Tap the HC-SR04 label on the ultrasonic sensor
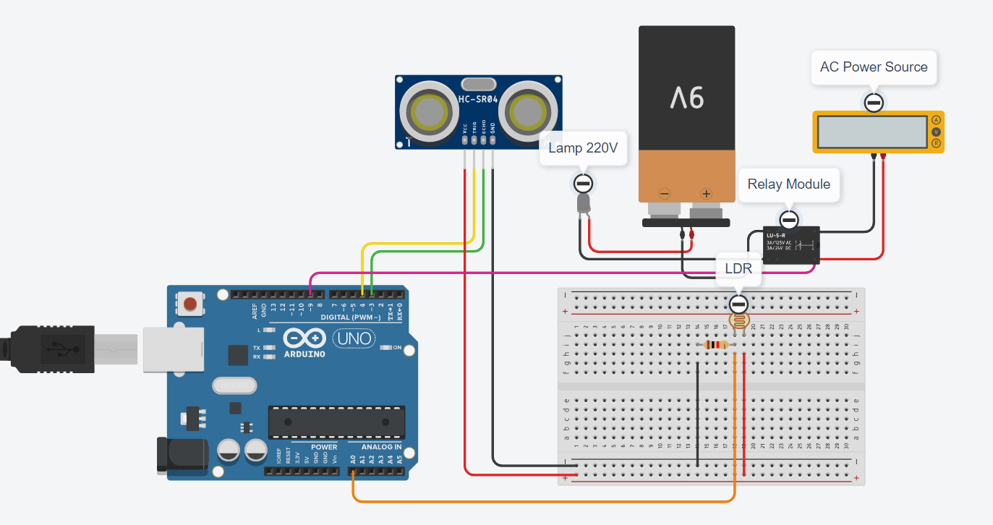coord(478,99)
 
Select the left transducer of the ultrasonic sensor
coord(430,111)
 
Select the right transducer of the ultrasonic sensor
coord(527,111)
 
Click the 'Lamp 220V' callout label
coord(583,148)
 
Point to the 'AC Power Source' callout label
coord(874,67)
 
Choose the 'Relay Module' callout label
coord(788,184)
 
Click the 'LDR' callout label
coord(738,268)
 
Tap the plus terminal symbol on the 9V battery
coord(707,194)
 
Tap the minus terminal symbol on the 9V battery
coord(664,194)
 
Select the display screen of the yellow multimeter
coord(872,131)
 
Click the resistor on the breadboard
coord(716,345)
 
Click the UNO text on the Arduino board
coord(354,338)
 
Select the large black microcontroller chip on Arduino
coord(336,422)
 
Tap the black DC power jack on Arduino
coord(174,454)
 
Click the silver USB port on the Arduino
coord(166,349)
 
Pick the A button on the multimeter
coord(936,120)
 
